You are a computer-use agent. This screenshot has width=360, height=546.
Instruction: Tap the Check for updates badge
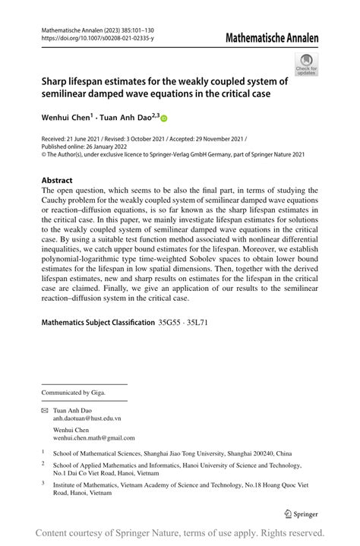point(306,64)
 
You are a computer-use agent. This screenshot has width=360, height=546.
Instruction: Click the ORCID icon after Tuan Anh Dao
point(163,118)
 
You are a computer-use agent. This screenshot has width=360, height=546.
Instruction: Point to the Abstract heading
point(60,181)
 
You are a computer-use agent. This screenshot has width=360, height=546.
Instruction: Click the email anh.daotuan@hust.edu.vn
point(87,418)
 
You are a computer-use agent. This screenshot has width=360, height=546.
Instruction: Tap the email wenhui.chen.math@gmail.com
point(94,437)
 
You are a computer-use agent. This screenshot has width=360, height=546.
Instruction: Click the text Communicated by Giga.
point(73,393)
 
